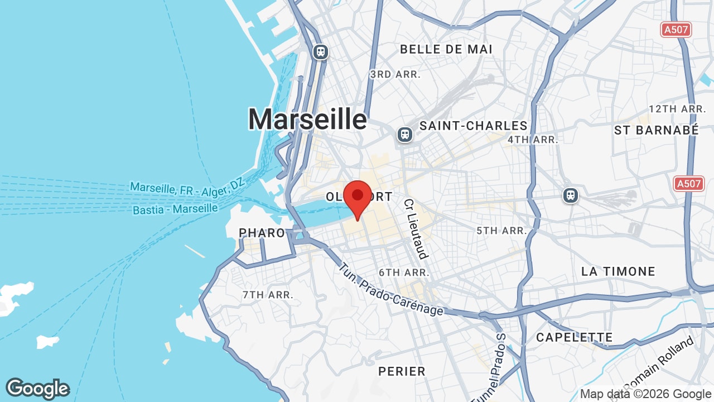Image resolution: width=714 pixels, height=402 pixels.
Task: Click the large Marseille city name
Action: coord(307,119)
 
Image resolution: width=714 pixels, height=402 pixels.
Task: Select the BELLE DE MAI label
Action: coord(446,49)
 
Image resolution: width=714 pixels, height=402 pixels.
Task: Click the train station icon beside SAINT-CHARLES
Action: coord(405,134)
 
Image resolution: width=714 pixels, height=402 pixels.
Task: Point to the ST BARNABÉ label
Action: coord(656,130)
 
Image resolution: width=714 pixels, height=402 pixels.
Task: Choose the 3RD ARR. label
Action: coord(395,74)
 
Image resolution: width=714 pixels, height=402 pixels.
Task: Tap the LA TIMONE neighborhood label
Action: coord(618,272)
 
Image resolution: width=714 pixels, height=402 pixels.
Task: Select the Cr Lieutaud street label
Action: coord(416,229)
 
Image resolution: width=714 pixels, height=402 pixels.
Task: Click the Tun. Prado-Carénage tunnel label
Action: coord(390,290)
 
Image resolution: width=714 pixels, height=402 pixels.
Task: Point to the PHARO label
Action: coord(262,233)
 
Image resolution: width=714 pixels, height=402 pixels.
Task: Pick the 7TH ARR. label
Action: coord(268,294)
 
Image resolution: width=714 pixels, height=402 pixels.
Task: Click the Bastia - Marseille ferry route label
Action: coord(175,209)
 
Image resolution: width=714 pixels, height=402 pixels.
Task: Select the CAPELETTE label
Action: coord(574,337)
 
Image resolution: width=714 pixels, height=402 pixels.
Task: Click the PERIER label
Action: coord(402,371)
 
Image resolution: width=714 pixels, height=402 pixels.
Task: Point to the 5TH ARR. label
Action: coord(501,231)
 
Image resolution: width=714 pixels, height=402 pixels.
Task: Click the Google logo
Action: coord(37,389)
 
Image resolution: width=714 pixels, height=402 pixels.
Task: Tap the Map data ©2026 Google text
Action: coord(645,394)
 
